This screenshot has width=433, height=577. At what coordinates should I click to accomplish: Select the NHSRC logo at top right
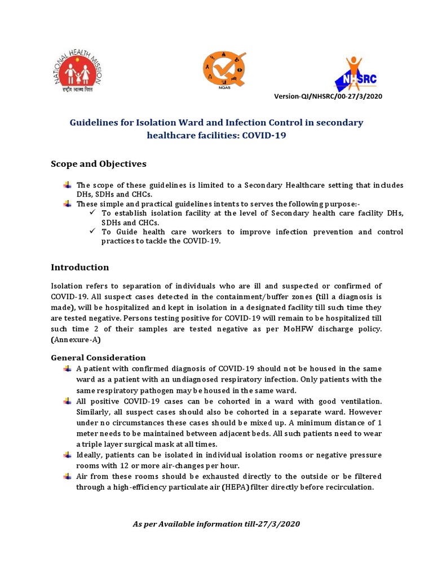[355, 75]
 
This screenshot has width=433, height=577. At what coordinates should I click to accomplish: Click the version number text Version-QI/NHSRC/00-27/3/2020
[328, 96]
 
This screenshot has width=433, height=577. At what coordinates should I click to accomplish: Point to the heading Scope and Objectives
[98, 164]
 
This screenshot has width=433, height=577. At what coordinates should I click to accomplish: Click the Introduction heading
[79, 267]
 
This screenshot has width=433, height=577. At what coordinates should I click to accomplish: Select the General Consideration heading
[98, 358]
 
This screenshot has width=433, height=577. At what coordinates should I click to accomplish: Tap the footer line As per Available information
[216, 524]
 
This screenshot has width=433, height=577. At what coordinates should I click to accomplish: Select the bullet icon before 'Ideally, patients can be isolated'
[68, 454]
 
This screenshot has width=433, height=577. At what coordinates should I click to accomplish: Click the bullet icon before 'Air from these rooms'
[68, 476]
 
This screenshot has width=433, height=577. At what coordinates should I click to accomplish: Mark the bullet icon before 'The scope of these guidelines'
[68, 185]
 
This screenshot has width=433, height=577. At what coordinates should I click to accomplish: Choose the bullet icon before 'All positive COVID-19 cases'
[68, 401]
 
